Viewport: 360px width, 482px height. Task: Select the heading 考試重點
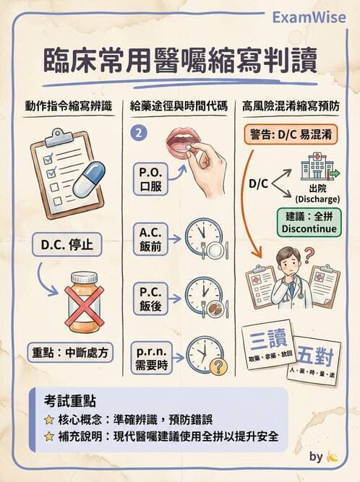(x=69, y=400)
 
